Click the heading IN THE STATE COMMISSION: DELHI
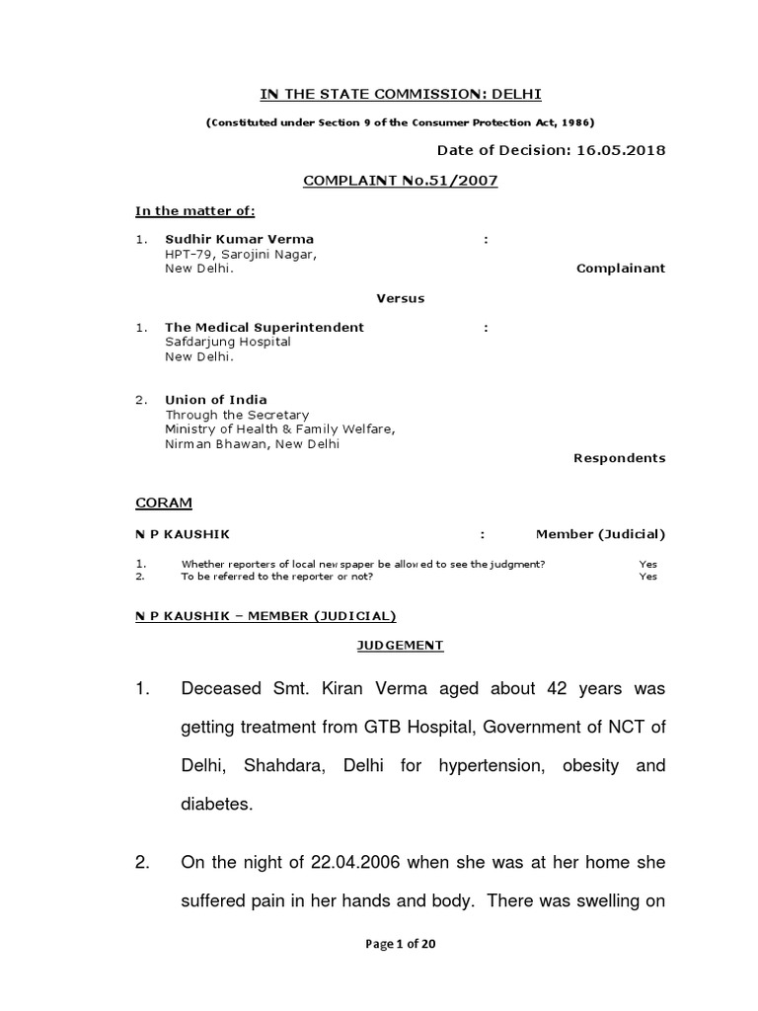point(401,95)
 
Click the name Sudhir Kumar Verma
point(240,239)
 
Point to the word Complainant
point(621,268)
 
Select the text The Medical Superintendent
point(265,327)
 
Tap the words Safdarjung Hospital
point(228,342)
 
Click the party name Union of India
point(216,400)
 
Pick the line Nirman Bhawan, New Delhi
point(252,444)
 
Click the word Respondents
point(620,458)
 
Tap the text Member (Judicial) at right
point(600,534)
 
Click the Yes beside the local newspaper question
point(647,564)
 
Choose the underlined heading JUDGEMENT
point(400,646)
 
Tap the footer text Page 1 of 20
point(401,943)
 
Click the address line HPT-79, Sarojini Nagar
point(241,254)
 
